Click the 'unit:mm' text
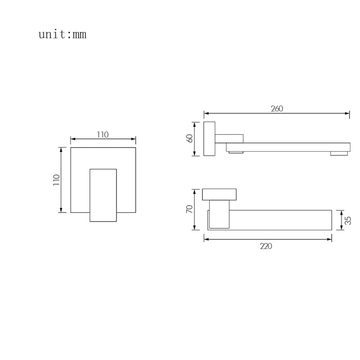coord(62,35)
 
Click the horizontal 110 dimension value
coord(103,135)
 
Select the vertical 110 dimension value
coord(57,180)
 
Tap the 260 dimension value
coord(277,109)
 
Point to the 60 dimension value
coord(190,139)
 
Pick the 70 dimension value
coord(190,209)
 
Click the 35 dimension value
coord(348,220)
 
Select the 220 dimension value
coord(266,246)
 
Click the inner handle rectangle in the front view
coord(103,195)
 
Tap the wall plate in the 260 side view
coord(210,139)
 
